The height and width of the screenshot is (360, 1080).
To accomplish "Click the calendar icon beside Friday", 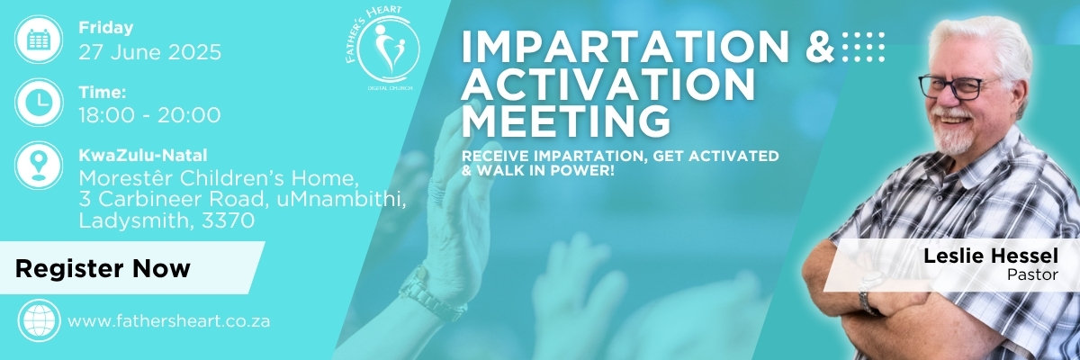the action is coord(39,39).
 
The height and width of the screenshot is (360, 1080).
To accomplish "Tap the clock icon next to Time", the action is coord(39,103).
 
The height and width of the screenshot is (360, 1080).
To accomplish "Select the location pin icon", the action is coord(39,166).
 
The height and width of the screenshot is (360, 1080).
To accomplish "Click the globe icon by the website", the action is coord(39,320).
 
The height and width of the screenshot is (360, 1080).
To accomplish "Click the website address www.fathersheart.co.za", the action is coord(169,321).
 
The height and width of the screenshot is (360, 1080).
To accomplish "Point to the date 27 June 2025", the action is coord(150,52).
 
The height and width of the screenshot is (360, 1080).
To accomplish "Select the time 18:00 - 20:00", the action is coord(149,115).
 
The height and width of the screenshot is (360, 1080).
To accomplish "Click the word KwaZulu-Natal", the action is coord(143,155).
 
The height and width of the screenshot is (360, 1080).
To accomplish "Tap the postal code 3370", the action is coord(228,220).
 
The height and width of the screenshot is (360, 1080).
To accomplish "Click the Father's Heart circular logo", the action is coord(388,49).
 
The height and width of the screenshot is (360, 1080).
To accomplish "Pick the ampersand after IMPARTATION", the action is coord(820,47).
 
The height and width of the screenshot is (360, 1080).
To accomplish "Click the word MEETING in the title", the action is coord(566,121).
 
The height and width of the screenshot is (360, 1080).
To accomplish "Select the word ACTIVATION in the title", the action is coord(608,84).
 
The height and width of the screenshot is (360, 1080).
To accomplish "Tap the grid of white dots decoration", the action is coord(863,47).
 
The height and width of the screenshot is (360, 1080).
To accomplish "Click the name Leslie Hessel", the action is coord(991,256).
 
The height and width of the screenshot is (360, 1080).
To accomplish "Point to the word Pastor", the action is coord(1032,274).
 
